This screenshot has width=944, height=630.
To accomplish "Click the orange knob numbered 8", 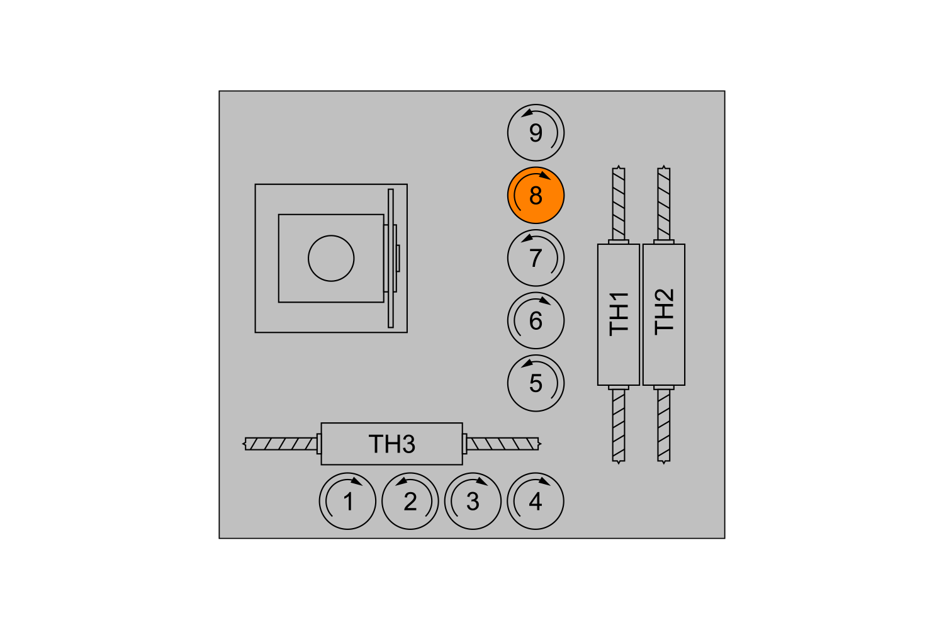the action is pyautogui.click(x=536, y=196).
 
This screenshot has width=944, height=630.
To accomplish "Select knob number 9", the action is pyautogui.click(x=536, y=133).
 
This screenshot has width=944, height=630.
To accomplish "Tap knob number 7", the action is pyautogui.click(x=536, y=258).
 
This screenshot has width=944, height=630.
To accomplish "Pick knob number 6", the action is pyautogui.click(x=536, y=321).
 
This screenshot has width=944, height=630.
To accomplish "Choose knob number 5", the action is pyautogui.click(x=536, y=383).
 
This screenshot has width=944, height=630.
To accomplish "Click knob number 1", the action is pyautogui.click(x=347, y=501).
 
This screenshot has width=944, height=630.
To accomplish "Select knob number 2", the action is pyautogui.click(x=410, y=501).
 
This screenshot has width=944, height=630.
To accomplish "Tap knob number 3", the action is pyautogui.click(x=473, y=501).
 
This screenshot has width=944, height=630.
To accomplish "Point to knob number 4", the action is pyautogui.click(x=535, y=501).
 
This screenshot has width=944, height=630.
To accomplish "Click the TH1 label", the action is pyautogui.click(x=619, y=314).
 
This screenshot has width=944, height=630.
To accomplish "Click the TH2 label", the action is pyautogui.click(x=664, y=312).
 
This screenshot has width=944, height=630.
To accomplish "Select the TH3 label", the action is pyautogui.click(x=392, y=444).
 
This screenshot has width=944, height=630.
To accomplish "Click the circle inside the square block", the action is pyautogui.click(x=331, y=258).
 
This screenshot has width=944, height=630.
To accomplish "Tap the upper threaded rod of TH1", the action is pyautogui.click(x=619, y=204).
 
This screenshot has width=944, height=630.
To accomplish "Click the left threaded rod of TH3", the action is pyautogui.click(x=281, y=444).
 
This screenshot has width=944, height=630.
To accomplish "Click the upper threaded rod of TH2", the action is pyautogui.click(x=664, y=204).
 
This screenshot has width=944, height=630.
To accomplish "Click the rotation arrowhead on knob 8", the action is pyautogui.click(x=545, y=176).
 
